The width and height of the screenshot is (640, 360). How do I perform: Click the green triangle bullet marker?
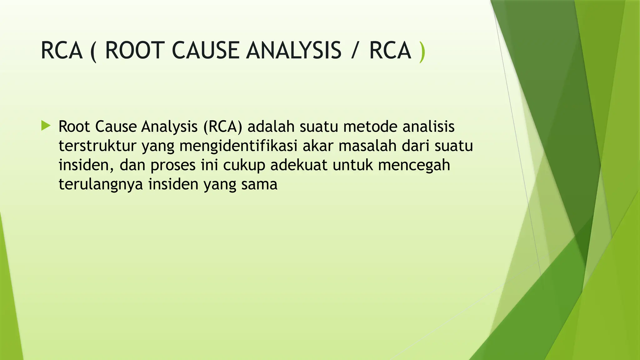pyautogui.click(x=46, y=127)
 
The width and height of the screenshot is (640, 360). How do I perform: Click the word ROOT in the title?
pyautogui.click(x=135, y=51)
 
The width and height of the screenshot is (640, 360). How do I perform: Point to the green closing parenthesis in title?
pyautogui.click(x=422, y=52)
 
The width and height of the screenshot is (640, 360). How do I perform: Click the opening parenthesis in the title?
pyautogui.click(x=93, y=52)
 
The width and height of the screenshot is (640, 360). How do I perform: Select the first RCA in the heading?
pyautogui.click(x=62, y=51)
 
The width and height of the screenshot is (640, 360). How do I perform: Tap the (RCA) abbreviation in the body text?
pyautogui.click(x=222, y=127)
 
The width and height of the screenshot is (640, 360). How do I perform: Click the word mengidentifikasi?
pyautogui.click(x=238, y=146)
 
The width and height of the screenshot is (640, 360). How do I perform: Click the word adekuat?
pyautogui.click(x=299, y=165)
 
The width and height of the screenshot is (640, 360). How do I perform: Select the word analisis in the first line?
pyautogui.click(x=428, y=127)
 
